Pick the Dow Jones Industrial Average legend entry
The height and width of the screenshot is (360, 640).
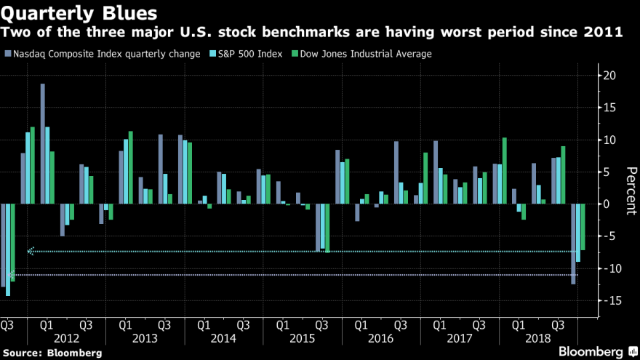(364, 54)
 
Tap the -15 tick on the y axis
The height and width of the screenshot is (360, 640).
(609, 301)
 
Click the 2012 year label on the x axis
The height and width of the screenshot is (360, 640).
(65, 340)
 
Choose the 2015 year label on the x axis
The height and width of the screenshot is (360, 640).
(301, 340)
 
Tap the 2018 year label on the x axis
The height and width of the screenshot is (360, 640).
(538, 340)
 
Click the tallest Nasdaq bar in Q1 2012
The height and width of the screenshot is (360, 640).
(43, 143)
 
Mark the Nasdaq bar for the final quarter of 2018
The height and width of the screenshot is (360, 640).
(573, 244)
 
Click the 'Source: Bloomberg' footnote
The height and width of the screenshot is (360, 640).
(52, 353)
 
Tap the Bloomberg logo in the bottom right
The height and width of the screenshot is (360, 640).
(588, 351)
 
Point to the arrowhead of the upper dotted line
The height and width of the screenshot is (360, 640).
(30, 252)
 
